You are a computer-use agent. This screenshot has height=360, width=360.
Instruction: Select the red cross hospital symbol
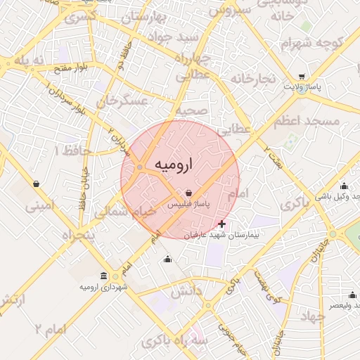point(222,224)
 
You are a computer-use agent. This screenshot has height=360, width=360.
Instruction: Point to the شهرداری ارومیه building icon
point(104,276)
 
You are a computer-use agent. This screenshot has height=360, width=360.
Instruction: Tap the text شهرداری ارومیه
point(103,287)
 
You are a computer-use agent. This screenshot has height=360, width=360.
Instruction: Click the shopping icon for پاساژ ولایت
point(302,77)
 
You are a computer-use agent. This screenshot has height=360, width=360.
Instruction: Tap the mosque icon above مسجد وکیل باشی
point(343,186)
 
